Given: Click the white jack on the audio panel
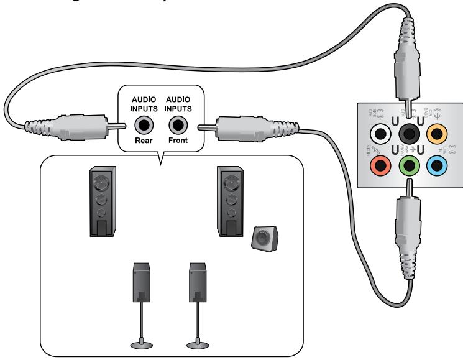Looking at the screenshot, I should click(379, 132).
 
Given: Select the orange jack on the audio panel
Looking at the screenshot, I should click(439, 132).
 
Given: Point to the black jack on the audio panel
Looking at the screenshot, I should click(409, 132).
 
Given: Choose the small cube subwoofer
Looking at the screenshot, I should click(264, 239).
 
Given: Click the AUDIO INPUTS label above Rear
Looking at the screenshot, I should click(145, 104).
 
